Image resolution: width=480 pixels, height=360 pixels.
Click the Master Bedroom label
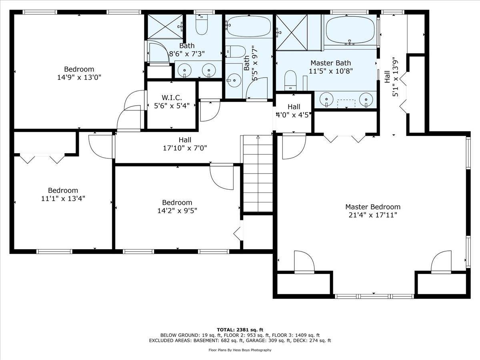[373, 207]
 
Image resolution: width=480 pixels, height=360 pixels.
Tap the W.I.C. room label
[172, 97]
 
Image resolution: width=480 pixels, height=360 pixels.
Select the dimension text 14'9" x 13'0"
[79, 77]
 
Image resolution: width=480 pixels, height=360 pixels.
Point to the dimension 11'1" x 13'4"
[63, 198]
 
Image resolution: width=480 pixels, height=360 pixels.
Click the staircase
[258, 173]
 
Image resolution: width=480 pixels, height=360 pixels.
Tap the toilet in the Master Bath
[290, 80]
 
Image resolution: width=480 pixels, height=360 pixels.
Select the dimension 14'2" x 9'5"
[177, 211]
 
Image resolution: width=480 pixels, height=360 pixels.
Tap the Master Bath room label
[331, 63]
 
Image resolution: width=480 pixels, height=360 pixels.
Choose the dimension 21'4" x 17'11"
[373, 215]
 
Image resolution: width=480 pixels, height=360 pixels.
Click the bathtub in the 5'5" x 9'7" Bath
[249, 26]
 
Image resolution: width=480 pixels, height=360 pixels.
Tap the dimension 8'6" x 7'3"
[187, 54]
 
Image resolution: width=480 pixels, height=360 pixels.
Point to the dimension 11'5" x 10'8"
[331, 71]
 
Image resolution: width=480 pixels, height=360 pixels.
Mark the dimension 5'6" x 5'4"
[172, 106]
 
